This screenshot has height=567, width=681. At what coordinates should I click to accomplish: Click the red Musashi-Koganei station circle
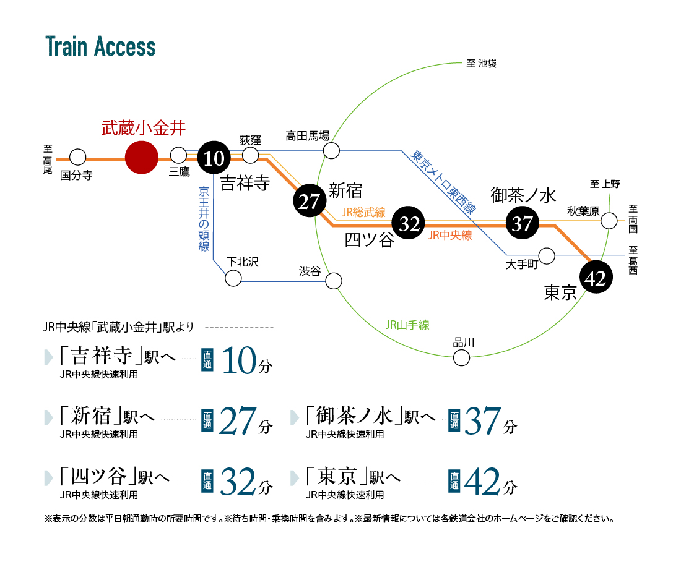[142, 158]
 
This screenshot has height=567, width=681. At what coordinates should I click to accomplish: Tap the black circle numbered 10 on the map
[214, 158]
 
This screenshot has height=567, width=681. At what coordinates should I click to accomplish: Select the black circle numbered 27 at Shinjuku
[309, 202]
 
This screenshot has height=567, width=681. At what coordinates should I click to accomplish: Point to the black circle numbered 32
[409, 223]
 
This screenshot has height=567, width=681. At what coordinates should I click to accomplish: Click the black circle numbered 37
[523, 223]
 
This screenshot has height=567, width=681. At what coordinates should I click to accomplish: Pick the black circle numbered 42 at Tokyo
[596, 277]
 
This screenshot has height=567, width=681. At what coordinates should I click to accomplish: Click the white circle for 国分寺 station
[78, 157]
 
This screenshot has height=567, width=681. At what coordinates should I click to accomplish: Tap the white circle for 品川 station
[461, 358]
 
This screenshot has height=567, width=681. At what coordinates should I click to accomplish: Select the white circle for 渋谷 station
[334, 281]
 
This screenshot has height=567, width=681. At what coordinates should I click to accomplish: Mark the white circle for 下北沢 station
[233, 278]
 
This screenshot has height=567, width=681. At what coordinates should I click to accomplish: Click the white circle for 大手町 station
[547, 256]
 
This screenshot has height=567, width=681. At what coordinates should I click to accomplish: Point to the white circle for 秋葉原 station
[609, 220]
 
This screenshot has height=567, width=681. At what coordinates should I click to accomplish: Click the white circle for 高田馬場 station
[331, 150]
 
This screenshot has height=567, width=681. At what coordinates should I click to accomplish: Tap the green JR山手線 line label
[407, 325]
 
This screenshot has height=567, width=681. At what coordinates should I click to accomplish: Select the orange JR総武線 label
[363, 212]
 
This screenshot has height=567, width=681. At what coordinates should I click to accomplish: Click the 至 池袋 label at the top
[481, 63]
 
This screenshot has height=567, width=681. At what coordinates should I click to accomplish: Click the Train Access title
[100, 46]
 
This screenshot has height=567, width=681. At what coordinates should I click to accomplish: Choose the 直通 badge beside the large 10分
[207, 360]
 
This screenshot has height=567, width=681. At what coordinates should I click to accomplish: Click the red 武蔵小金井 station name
[144, 128]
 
